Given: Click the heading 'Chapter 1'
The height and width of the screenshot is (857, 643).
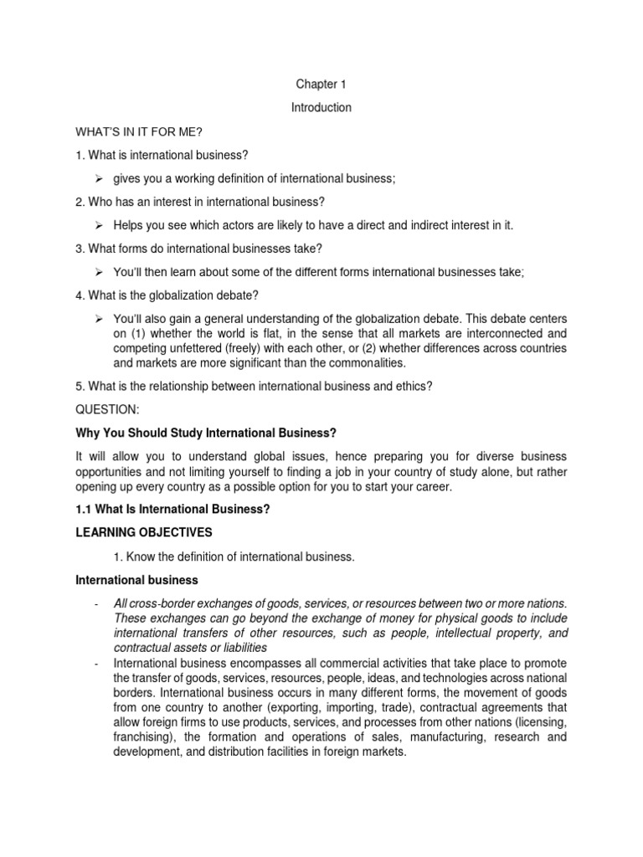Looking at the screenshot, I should (x=321, y=85).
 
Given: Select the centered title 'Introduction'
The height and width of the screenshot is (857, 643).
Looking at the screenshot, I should (x=321, y=108).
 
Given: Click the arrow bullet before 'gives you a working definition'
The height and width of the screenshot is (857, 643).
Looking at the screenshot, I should (x=98, y=178).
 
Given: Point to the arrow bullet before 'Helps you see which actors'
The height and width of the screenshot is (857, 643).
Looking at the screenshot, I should (x=98, y=225).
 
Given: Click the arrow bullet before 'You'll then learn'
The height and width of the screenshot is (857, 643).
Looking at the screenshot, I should (x=98, y=272).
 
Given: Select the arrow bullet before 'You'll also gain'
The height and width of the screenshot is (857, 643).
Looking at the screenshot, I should (x=98, y=319).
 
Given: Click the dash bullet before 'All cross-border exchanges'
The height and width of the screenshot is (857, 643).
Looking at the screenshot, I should (x=97, y=603).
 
